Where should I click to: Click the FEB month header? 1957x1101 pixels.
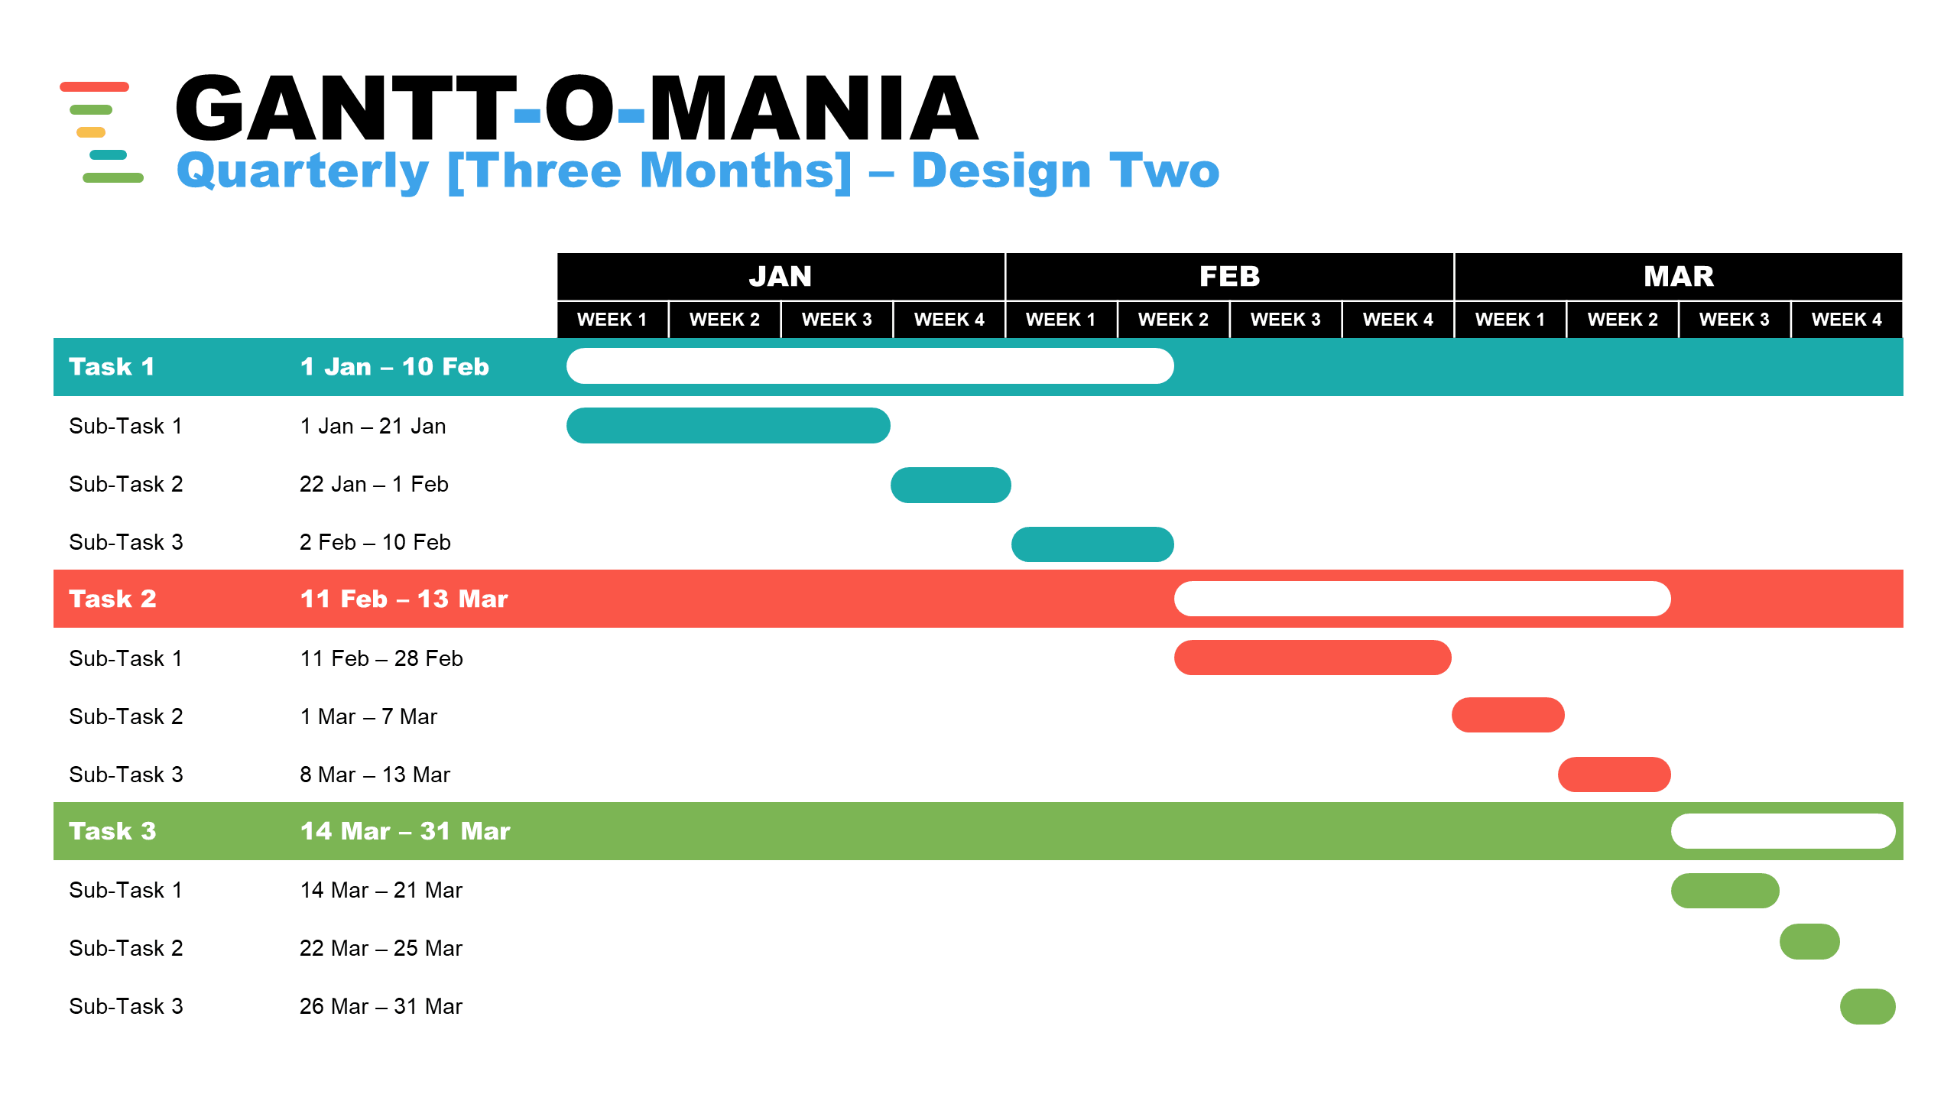pyautogui.click(x=1229, y=276)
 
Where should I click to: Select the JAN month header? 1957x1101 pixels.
pyautogui.click(x=781, y=276)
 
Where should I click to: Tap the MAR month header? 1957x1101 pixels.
pyautogui.click(x=1679, y=276)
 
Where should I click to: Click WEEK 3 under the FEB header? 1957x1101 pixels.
pyautogui.click(x=1286, y=320)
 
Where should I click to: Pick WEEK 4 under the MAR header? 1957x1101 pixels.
pyautogui.click(x=1847, y=320)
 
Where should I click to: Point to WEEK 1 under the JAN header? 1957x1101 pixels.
pyautogui.click(x=612, y=320)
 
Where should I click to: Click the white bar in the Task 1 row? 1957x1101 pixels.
pyautogui.click(x=870, y=366)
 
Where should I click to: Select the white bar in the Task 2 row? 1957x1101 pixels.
pyautogui.click(x=1423, y=599)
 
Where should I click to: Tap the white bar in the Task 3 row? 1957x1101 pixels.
pyautogui.click(x=1783, y=831)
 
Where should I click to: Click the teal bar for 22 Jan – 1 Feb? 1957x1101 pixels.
pyautogui.click(x=951, y=485)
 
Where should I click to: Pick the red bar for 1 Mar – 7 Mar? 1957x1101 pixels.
pyautogui.click(x=1508, y=715)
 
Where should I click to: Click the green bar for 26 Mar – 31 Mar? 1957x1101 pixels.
pyautogui.click(x=1868, y=1006)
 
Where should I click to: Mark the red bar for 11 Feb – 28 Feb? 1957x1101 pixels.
pyautogui.click(x=1313, y=658)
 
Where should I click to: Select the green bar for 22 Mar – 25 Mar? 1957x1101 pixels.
pyautogui.click(x=1809, y=941)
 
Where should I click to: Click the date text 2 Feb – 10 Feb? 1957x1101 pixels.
pyautogui.click(x=375, y=542)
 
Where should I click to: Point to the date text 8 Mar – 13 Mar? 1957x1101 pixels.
pyautogui.click(x=375, y=775)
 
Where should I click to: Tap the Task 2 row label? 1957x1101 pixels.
pyautogui.click(x=112, y=599)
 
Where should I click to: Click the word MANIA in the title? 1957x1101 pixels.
pyautogui.click(x=813, y=108)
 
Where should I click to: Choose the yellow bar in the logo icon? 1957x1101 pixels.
pyautogui.click(x=91, y=132)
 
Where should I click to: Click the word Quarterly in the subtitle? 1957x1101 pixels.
pyautogui.click(x=303, y=171)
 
